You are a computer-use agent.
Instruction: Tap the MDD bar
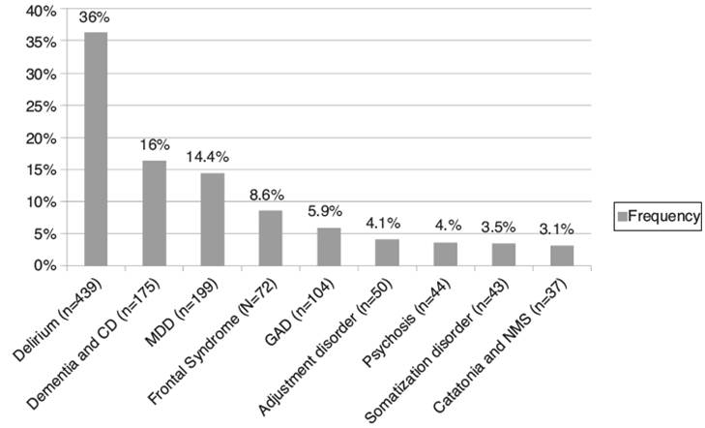point(212,219)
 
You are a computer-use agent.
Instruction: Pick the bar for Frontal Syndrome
point(270,237)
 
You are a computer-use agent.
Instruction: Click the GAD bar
point(328,246)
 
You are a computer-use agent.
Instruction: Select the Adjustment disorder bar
point(387,252)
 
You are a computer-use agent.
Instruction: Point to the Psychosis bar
point(445,254)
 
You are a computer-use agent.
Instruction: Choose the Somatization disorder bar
point(503,255)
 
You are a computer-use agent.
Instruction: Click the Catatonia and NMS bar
point(561,256)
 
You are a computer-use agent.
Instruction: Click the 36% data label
point(95,18)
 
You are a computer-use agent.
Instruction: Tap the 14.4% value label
point(212,156)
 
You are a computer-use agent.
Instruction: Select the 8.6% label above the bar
point(270,194)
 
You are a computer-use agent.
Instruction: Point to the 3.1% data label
point(561,229)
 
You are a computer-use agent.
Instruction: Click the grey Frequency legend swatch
point(622,217)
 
